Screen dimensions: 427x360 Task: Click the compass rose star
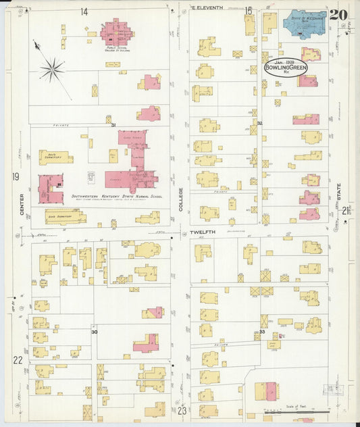pyautogui.click(x=52, y=68)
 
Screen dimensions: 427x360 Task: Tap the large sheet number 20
pyautogui.click(x=339, y=14)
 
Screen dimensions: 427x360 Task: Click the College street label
pyautogui.click(x=180, y=199)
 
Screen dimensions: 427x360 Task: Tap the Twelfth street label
pyautogui.click(x=202, y=232)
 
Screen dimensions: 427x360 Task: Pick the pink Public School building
pyautogui.click(x=117, y=31)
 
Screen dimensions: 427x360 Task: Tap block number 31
pyautogui.click(x=113, y=125)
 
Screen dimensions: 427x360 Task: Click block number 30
pyautogui.click(x=95, y=332)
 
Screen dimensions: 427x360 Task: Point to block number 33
pyautogui.click(x=262, y=332)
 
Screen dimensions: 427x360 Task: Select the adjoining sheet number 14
pyautogui.click(x=84, y=11)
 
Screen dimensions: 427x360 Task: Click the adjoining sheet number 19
pyautogui.click(x=15, y=177)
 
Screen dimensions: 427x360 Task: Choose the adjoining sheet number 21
pyautogui.click(x=346, y=211)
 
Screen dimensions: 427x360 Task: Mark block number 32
pyautogui.click(x=259, y=124)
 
